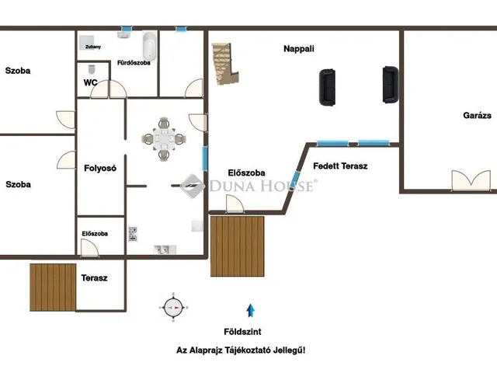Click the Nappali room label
click(298, 49)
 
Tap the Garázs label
click(477, 116)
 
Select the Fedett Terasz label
click(340, 166)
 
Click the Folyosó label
click(100, 168)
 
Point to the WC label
click(90, 83)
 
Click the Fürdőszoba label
click(134, 63)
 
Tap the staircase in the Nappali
click(225, 64)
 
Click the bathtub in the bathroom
click(150, 46)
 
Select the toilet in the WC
click(92, 69)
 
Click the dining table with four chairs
click(164, 138)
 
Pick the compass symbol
click(173, 308)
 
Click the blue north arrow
click(250, 311)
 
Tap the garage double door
click(471, 181)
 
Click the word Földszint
click(242, 332)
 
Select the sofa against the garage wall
click(390, 85)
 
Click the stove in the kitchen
click(133, 234)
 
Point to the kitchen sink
click(165, 249)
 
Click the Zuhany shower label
click(93, 47)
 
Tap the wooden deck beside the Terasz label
click(53, 288)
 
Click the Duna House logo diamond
click(193, 186)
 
